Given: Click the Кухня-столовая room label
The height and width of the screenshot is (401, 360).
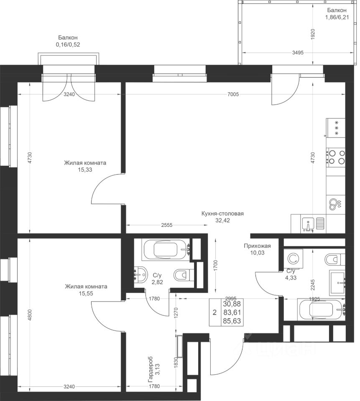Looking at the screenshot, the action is pos(222,213).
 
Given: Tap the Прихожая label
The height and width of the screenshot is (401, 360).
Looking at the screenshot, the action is pos(257,246).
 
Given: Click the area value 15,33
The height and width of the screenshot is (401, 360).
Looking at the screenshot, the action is pos(85,170).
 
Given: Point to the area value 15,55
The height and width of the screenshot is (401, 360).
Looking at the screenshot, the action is pos(86,294).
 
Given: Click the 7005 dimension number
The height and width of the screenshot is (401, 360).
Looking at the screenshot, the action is pos(233,94).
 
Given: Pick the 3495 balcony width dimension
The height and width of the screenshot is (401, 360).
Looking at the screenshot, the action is pos(298,53).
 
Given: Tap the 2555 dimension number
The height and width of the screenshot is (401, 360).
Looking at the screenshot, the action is pos(167,225).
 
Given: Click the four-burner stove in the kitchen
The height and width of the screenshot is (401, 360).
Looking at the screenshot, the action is pos(336,157).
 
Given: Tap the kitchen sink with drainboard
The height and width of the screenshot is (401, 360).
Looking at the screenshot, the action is pos(313,224).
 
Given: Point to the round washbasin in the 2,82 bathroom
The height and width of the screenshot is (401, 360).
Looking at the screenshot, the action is pos(141,275).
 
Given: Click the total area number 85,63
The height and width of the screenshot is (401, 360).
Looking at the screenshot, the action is pos(232,321).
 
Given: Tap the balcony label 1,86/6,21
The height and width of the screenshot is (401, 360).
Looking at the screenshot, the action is pos(337,18).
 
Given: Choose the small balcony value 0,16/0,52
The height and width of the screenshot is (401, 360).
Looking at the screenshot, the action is pos(68,45).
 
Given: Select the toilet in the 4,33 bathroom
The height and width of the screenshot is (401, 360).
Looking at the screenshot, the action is pos(334,260).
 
